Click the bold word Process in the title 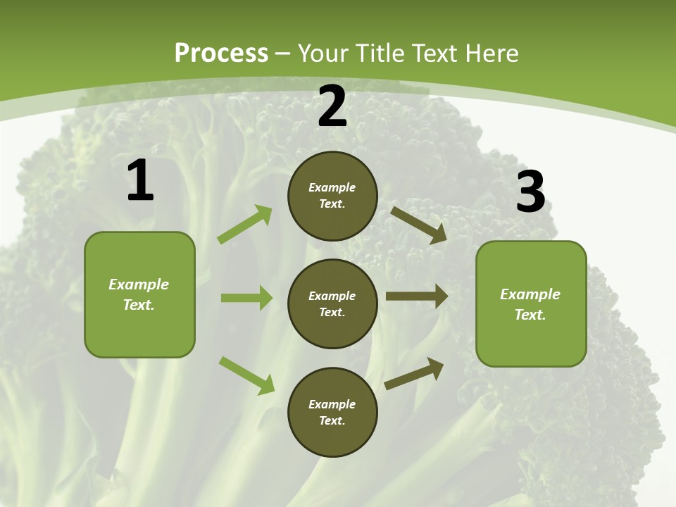click(x=221, y=54)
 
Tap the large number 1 click(x=140, y=181)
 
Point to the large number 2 click(x=332, y=107)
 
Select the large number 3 click(x=530, y=192)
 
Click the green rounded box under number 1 click(x=139, y=294)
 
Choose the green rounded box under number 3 click(x=531, y=303)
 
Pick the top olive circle click(x=332, y=196)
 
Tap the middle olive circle click(x=332, y=303)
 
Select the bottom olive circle click(x=332, y=412)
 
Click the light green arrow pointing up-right click(x=245, y=225)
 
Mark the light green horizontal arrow click(x=246, y=298)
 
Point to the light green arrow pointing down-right click(x=246, y=375)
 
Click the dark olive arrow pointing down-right click(x=418, y=225)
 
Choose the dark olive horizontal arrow click(x=417, y=296)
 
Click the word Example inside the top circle click(x=332, y=187)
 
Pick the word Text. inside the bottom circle click(x=332, y=420)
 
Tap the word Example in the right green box click(x=530, y=294)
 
